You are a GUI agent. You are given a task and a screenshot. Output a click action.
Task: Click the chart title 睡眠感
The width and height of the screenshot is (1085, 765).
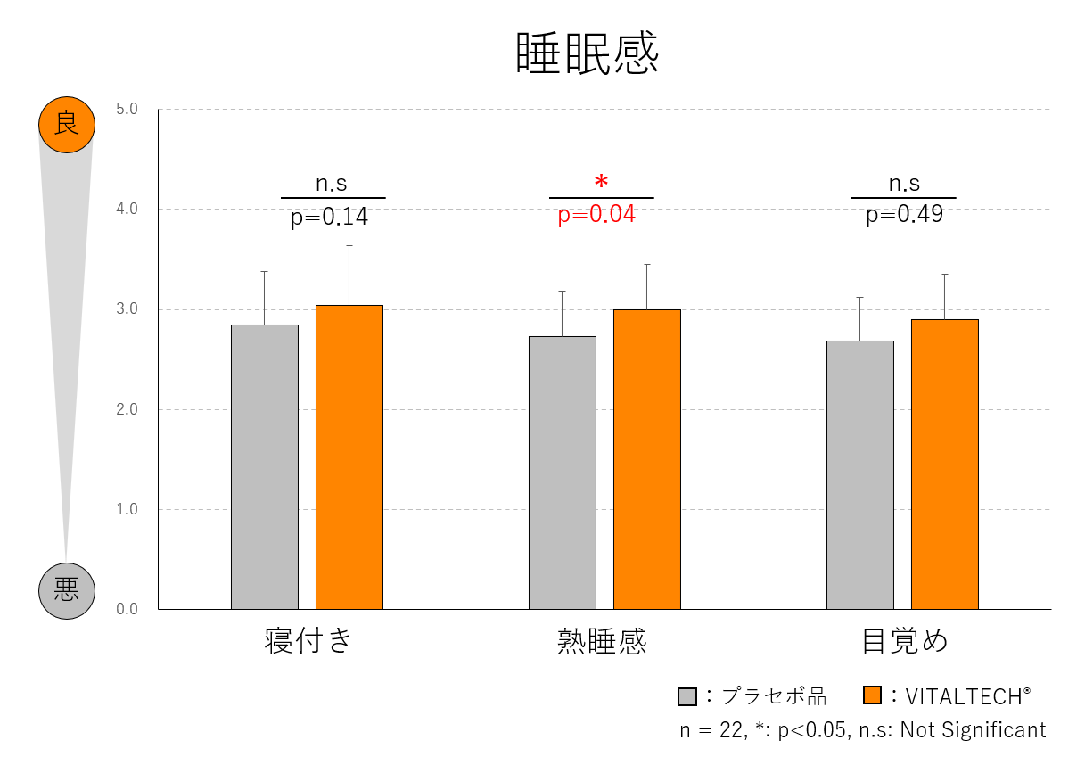[x=588, y=53]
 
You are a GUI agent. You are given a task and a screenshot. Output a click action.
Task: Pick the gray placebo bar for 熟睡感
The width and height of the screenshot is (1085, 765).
[x=563, y=473]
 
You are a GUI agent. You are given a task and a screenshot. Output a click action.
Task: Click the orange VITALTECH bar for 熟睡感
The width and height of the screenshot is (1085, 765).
[x=646, y=459]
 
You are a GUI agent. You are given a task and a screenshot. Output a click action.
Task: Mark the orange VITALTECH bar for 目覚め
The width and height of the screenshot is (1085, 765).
[x=944, y=464]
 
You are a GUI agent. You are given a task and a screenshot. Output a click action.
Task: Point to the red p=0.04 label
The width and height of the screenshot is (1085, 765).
[x=596, y=215]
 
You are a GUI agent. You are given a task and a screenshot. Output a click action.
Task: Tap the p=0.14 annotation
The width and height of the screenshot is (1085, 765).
[x=329, y=218]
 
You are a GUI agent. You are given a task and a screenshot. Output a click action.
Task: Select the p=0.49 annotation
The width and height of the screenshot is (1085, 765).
[x=904, y=215]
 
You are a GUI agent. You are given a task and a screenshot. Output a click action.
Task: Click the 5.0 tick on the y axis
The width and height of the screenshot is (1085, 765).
[x=127, y=110]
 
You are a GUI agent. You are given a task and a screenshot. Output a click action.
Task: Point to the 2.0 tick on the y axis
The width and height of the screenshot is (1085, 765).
[x=127, y=410]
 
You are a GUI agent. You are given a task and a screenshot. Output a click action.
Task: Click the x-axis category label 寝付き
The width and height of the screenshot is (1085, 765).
[x=308, y=641]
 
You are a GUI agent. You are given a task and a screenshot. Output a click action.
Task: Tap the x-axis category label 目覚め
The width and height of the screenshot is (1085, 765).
[x=904, y=641]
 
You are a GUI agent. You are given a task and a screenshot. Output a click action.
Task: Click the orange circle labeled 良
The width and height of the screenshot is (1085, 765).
[x=66, y=124]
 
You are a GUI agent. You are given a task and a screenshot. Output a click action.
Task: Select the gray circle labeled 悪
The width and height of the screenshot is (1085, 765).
[x=66, y=590]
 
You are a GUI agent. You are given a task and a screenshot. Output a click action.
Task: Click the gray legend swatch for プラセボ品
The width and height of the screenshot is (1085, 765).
[x=686, y=696]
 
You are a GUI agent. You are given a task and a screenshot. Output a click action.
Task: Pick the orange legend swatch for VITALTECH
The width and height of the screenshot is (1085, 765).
[x=873, y=695]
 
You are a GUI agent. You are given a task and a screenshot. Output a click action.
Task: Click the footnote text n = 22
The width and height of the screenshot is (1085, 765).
[x=711, y=730]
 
